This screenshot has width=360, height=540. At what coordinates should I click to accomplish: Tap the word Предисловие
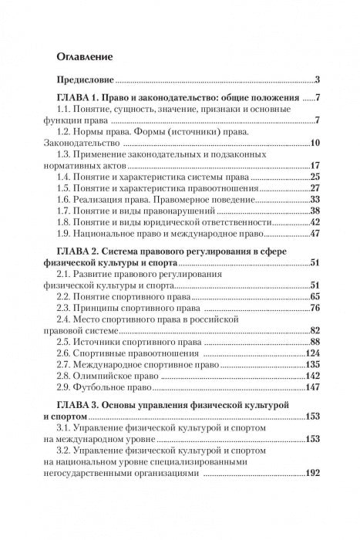point(85,81)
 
